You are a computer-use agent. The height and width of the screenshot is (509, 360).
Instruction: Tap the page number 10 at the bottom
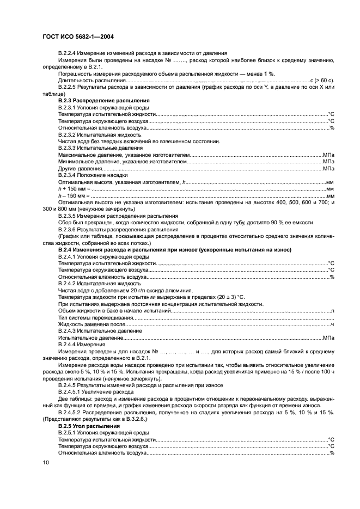pyautogui.click(x=46, y=462)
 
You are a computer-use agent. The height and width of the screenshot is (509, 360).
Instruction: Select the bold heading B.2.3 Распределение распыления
pyautogui.click(x=103, y=101)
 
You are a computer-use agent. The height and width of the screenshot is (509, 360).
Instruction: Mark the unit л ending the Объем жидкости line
pyautogui.click(x=332, y=310)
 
